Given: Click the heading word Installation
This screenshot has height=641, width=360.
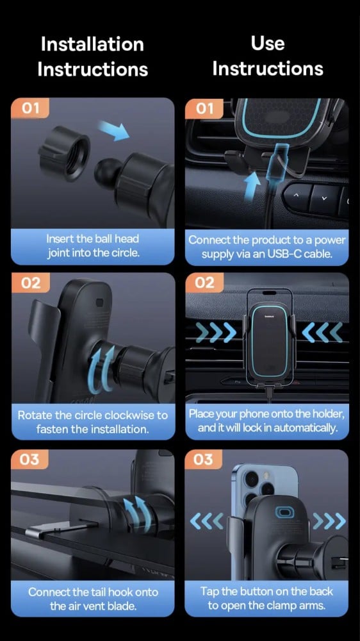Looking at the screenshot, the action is pos(92,44).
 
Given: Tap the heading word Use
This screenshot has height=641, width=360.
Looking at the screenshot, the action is pos(268,43).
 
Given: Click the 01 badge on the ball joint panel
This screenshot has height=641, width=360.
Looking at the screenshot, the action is pos(30,108).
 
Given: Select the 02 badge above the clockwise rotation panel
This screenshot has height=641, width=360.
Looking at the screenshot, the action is pos(31,283).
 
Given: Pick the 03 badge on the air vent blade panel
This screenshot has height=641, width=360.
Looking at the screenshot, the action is pos(30,460).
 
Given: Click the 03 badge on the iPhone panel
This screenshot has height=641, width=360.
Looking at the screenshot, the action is pos(204,460).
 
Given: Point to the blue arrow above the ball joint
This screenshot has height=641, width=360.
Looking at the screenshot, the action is pos(114,131).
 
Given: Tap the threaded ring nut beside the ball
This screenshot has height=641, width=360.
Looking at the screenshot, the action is pos(65,154).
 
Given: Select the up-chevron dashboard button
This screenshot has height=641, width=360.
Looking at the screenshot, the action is pos(297,196).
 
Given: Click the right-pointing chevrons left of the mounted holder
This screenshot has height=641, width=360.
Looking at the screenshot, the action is pos(216,332).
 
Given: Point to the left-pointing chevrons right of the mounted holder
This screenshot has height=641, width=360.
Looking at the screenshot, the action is pos(322,332).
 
